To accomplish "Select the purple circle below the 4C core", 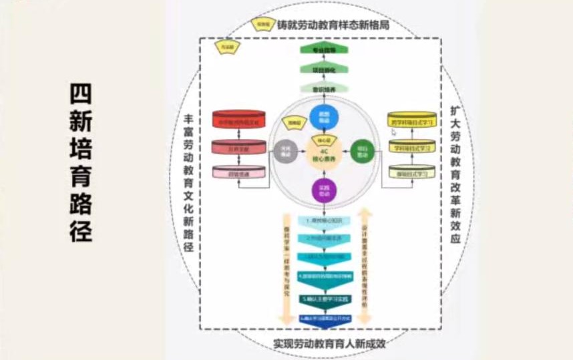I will (325, 192).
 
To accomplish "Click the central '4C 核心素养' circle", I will (324, 154).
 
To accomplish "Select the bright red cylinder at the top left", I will (238, 120).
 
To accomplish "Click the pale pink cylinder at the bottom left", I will (238, 172).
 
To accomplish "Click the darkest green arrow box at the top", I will (323, 49).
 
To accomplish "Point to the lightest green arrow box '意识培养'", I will (323, 87).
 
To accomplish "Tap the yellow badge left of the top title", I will (264, 24).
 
